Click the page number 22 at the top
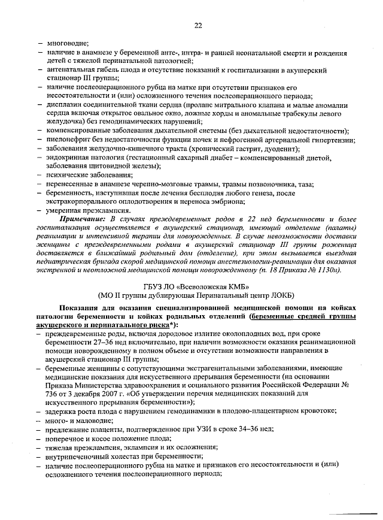tap(198, 25)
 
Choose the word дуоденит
tap(269, 149)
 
